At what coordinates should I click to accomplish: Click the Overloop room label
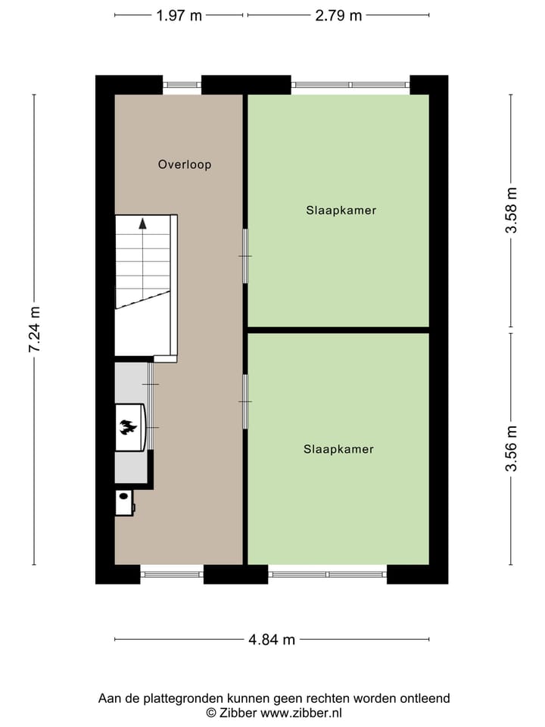185,164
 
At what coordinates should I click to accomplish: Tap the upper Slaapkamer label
341,211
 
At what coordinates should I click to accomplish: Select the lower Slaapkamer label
338,449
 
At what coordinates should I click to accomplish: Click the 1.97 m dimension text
179,15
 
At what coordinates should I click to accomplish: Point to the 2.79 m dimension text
338,15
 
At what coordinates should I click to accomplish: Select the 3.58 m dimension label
512,211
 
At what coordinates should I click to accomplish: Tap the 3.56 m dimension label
512,448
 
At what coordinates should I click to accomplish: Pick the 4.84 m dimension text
272,640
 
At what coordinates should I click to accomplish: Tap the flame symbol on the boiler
129,428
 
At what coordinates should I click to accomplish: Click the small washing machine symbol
123,503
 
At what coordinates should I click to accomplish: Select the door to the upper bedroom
244,256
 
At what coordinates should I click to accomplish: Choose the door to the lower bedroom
244,401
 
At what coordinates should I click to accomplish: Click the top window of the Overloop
182,85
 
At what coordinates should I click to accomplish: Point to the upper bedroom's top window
350,85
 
